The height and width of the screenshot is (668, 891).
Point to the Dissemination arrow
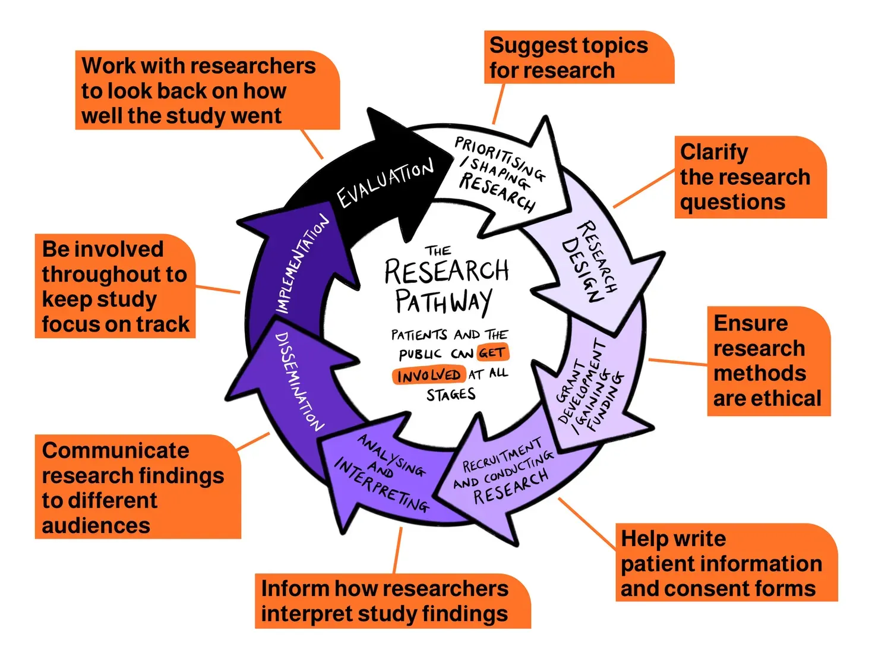coord(297,380)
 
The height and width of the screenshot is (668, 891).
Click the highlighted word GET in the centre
coord(492,353)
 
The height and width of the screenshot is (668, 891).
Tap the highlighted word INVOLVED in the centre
coord(428,376)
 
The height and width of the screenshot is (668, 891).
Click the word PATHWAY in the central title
coord(444,301)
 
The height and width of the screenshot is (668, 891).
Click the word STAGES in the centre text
coord(451,395)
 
